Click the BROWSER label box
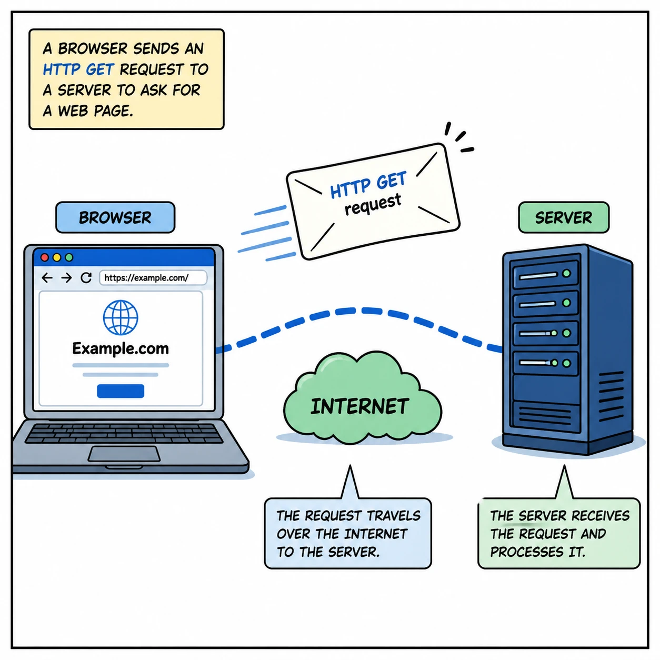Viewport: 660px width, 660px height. coord(115,217)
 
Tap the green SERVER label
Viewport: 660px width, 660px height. coord(563,217)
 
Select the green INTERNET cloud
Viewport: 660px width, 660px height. coord(360,406)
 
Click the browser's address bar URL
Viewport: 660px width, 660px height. coord(147,277)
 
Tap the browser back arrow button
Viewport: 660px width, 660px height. coord(47,277)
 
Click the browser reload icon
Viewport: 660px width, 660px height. coord(86,277)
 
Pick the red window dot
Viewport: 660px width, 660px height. coord(45,257)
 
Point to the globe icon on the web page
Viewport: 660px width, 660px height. coord(121,317)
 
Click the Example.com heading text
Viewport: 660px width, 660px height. coord(121,348)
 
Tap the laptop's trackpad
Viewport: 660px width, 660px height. coord(124,454)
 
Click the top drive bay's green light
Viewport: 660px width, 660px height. coord(566,274)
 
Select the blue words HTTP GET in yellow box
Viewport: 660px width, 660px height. coord(78,69)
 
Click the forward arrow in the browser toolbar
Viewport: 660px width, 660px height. coord(66,277)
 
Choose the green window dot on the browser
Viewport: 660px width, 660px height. coord(69,257)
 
